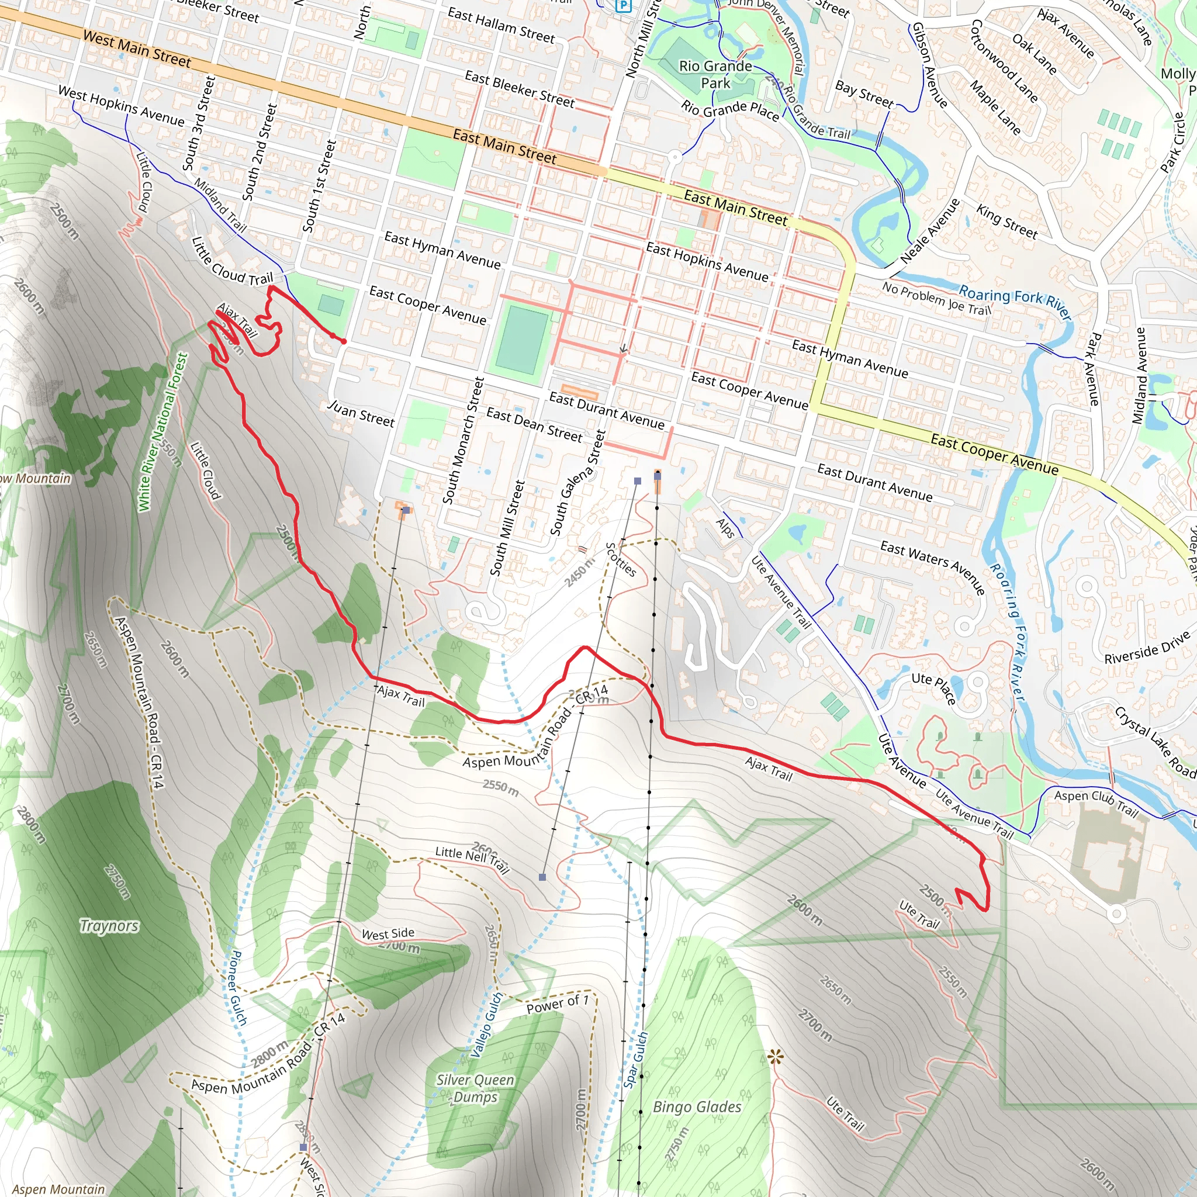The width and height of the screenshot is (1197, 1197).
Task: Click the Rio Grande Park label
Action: pos(715,74)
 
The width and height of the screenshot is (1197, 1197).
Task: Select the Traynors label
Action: pos(110,926)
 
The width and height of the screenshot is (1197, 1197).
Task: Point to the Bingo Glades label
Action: pos(697,1106)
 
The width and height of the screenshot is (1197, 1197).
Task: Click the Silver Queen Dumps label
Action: pos(475,1088)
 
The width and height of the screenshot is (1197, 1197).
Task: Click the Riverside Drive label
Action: pos(1147,648)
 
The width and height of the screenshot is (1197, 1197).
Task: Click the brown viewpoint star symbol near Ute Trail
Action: pos(775,1057)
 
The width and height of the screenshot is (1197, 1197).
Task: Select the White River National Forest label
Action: pos(162,432)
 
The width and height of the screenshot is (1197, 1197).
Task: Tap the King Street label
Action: pos(1006,221)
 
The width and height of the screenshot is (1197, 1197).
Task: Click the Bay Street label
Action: pos(864,94)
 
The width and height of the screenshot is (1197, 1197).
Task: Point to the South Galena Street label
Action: pos(577,483)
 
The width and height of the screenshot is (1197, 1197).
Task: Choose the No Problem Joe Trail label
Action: pos(937,298)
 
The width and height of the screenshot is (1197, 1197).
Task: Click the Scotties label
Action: pos(620,559)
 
